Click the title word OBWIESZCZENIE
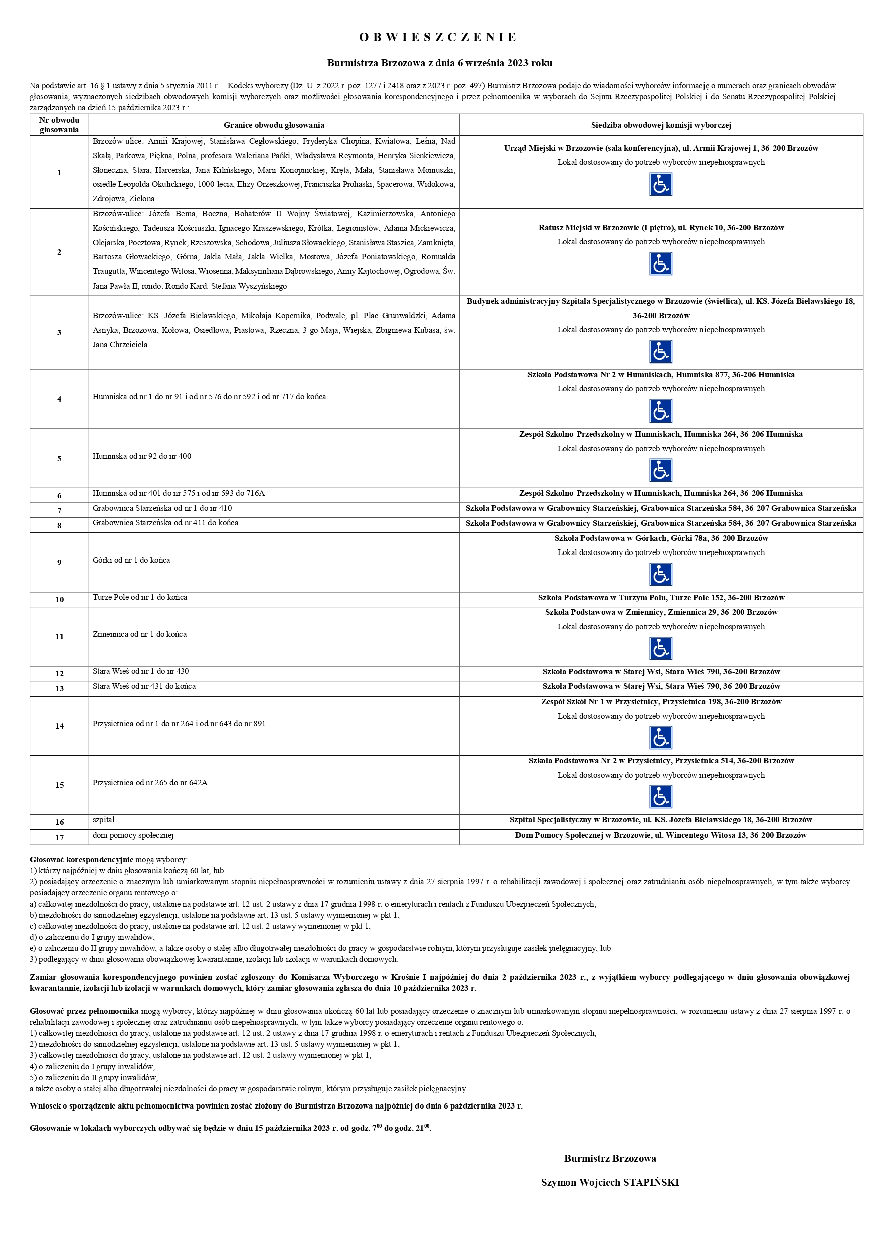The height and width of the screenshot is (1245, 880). (x=439, y=38)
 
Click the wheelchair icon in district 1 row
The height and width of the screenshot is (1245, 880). (x=660, y=184)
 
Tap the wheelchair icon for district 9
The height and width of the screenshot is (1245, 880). (x=660, y=574)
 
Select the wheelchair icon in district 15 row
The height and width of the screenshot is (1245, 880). (x=660, y=797)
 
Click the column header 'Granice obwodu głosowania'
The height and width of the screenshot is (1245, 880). (x=274, y=125)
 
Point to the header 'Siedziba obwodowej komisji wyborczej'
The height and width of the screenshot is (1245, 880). (x=660, y=125)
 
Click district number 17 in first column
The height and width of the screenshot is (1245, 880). (x=59, y=837)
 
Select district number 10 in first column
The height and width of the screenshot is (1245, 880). (x=59, y=599)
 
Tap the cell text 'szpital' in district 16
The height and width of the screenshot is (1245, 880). (x=103, y=820)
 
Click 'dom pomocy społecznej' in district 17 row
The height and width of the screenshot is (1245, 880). (x=133, y=835)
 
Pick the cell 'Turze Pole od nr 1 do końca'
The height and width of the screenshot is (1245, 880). (x=140, y=597)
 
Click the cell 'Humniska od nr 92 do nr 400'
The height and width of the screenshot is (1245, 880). (x=141, y=456)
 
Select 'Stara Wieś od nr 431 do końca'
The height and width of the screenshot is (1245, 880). (x=143, y=686)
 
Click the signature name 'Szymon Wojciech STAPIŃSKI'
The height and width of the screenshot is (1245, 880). (x=610, y=1183)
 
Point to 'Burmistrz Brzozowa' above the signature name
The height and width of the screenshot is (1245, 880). (x=610, y=1159)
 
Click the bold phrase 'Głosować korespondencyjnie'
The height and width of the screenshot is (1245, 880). (x=81, y=860)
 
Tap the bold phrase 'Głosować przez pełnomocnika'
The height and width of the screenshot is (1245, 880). (x=84, y=1011)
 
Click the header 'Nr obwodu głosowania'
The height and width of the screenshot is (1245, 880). (x=59, y=125)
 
